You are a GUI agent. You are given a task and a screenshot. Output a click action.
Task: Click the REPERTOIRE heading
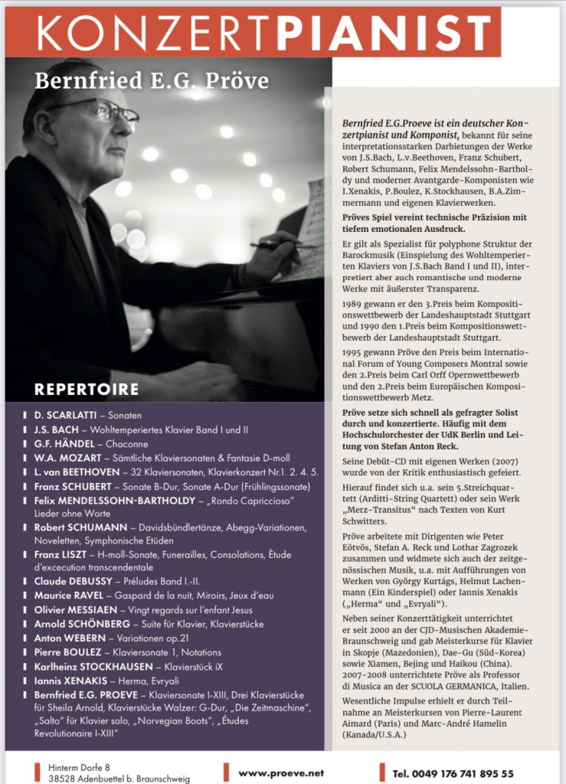pyautogui.click(x=86, y=389)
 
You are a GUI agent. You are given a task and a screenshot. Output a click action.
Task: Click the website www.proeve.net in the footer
pyautogui.click(x=281, y=773)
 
